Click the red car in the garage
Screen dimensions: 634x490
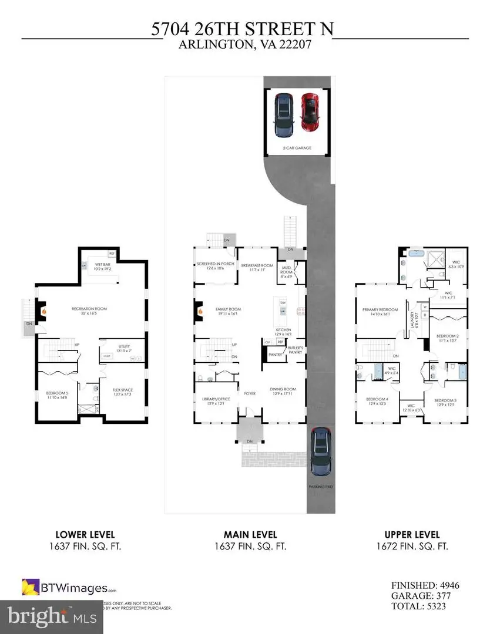[x=309, y=113]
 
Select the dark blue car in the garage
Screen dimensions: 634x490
[x=283, y=113]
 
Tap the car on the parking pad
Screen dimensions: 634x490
[x=321, y=451]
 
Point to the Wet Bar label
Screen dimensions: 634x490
[x=103, y=267]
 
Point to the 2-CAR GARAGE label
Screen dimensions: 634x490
[x=296, y=148]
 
